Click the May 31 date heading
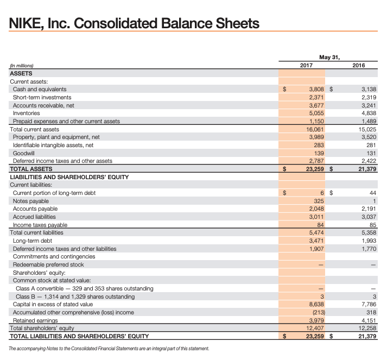(x=332, y=56)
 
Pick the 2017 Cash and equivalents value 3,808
(x=316, y=89)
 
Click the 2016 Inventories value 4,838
(x=368, y=113)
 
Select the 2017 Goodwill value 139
(x=319, y=153)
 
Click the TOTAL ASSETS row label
(x=29, y=169)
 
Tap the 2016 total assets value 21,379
(x=367, y=169)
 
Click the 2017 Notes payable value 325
(x=319, y=201)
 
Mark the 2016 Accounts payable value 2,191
(x=368, y=209)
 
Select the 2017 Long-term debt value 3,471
(x=316, y=241)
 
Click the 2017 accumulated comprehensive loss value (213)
(x=318, y=312)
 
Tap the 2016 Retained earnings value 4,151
(x=368, y=320)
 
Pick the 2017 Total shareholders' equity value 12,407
(x=315, y=328)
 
